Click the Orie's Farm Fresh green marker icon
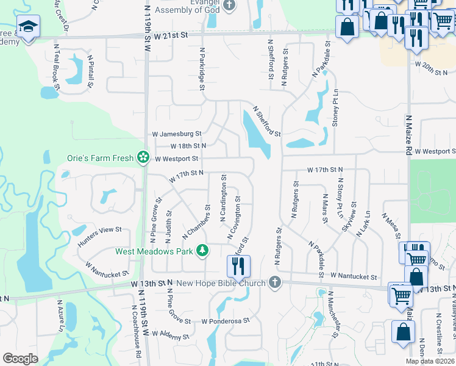[x=143, y=158]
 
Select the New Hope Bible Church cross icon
[x=275, y=282]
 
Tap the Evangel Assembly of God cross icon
[x=229, y=6]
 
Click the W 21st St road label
[x=171, y=36]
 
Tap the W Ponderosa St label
[x=226, y=320]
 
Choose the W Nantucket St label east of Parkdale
[x=354, y=276]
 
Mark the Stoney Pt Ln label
[x=335, y=109]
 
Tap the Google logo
[x=21, y=358]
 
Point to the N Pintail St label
[x=91, y=71]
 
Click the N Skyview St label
[x=346, y=214]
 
